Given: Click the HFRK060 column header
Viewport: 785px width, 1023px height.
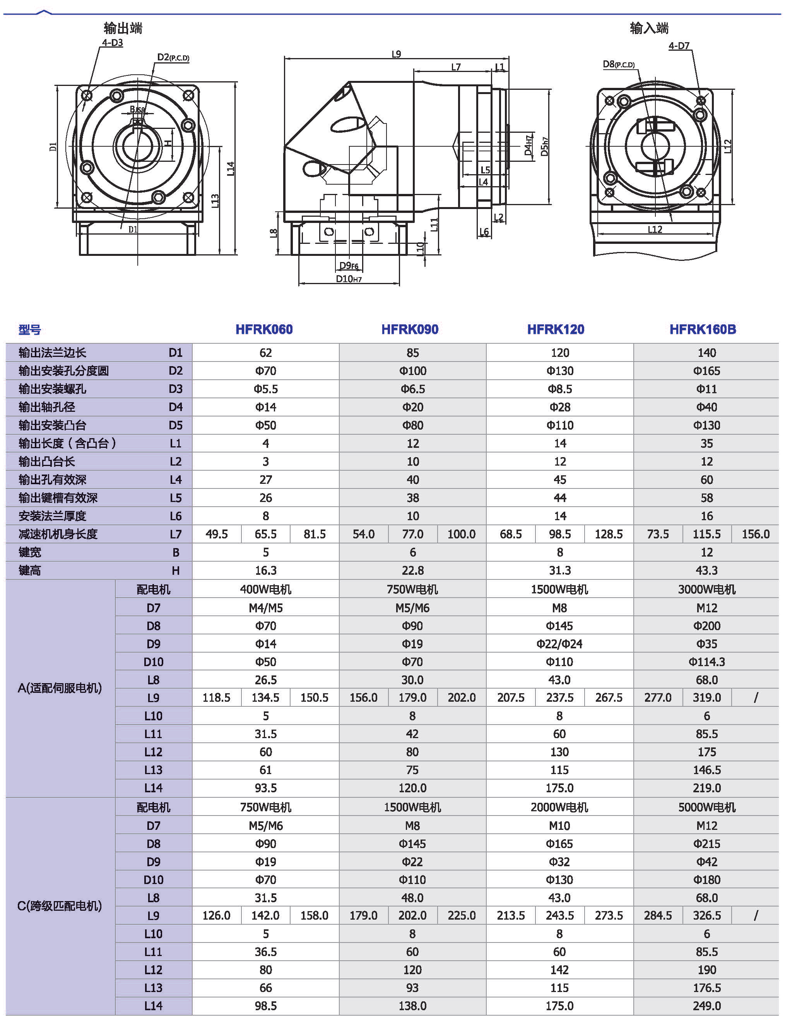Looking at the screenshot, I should coord(264,329).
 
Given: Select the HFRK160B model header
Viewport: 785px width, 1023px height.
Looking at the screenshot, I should coord(702,329).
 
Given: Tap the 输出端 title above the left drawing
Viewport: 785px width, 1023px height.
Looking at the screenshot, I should coord(123,28).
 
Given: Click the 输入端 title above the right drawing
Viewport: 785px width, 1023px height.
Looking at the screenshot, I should coord(649,28).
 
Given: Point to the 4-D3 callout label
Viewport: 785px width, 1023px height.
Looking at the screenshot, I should coord(112,43).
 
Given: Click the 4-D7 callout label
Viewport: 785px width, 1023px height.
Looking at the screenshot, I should coord(679,46).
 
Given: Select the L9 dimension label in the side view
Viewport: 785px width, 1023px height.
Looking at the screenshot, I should coord(396,54).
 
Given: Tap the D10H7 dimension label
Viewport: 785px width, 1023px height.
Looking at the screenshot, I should coord(349,279).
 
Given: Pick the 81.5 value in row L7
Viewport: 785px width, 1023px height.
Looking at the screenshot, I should coord(315,534).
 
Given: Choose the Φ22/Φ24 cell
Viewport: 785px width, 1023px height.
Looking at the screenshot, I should coord(559,644).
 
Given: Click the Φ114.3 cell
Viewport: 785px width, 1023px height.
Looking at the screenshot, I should coord(706,662).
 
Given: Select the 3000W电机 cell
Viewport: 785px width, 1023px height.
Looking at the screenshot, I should coord(706,589).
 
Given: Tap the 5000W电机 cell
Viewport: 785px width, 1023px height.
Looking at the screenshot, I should coord(706,807).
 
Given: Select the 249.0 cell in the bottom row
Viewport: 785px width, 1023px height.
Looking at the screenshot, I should coord(706,1005).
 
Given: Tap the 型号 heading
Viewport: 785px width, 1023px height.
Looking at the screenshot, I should coord(29,330).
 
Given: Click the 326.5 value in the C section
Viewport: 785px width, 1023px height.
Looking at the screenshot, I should coord(706,915).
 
